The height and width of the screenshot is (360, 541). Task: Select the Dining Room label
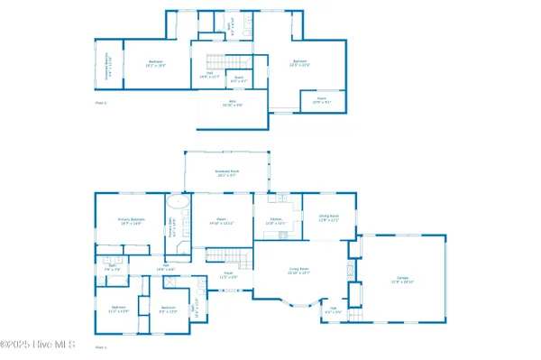coord(328,217)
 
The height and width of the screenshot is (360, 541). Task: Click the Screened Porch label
coord(226,173)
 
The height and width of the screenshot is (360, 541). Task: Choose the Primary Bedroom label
coord(131,221)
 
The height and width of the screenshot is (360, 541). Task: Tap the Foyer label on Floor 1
coord(229,275)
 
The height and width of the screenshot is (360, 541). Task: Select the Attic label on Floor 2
coord(233,105)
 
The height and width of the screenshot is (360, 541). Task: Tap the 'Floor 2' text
coord(101,103)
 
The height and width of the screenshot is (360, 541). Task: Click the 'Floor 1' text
coord(101,346)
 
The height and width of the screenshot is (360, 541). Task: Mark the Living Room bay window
coord(297,303)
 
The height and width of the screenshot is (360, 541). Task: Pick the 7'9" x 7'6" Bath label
coord(113,268)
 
